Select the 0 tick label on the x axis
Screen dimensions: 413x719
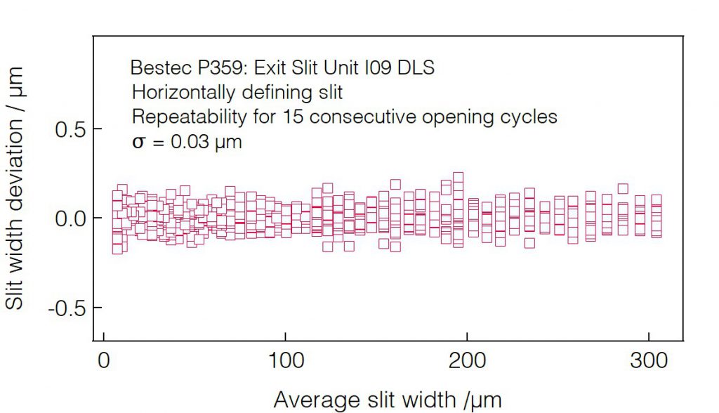coord(104,361)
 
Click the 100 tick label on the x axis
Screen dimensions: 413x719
coord(285,361)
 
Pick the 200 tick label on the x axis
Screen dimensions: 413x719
coord(467,361)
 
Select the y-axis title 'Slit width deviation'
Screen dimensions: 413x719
coord(15,188)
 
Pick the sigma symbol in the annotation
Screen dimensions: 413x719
coord(139,143)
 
